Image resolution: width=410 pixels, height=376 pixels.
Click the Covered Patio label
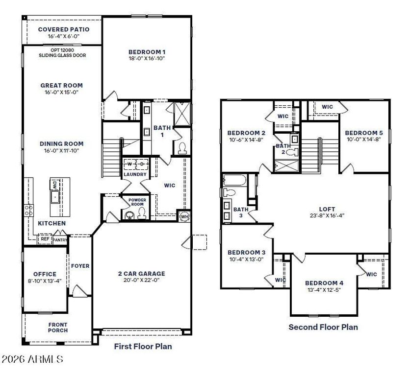64,29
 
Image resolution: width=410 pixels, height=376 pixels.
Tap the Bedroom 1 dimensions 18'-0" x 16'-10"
147,58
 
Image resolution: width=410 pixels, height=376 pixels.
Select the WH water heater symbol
184,216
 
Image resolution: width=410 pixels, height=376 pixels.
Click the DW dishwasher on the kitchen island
54,185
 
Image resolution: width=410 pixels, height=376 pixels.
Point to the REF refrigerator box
45,239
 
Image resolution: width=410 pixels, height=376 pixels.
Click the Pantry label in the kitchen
60,240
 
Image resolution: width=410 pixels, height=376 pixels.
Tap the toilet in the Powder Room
142,213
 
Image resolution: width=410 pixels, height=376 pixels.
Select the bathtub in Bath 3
235,180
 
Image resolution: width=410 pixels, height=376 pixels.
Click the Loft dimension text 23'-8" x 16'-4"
327,216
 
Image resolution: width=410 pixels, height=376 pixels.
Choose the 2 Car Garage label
141,274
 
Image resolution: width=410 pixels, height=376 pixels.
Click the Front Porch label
58,328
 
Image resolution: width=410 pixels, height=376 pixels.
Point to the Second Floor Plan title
323,327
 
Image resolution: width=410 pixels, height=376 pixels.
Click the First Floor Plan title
143,347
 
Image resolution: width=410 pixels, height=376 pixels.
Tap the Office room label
45,274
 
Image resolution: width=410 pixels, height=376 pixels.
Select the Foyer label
80,266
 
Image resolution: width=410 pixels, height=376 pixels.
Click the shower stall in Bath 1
182,114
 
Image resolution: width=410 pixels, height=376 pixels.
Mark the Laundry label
135,174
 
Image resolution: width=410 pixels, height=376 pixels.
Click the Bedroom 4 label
324,283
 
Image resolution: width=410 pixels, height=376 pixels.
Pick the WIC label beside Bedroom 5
328,107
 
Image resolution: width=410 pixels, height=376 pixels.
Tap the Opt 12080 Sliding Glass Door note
62,53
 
